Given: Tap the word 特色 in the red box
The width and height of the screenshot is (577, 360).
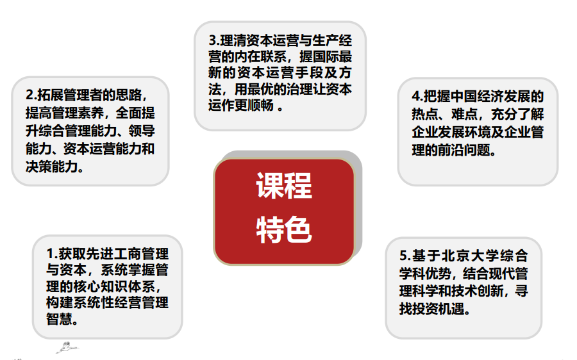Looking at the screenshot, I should coord(284,229).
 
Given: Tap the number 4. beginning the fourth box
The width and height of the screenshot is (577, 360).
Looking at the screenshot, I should coord(417,97).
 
